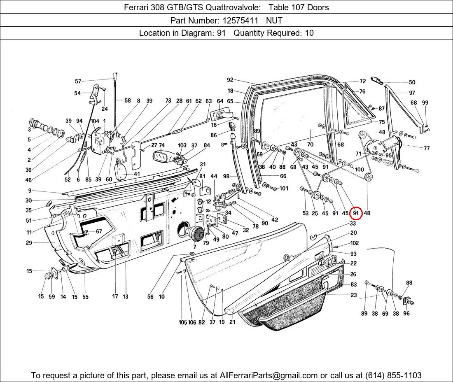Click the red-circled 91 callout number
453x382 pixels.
355,213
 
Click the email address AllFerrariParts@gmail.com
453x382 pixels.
269,375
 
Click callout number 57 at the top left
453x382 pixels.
78,81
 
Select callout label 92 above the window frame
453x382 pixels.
230,80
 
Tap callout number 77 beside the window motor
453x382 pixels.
426,148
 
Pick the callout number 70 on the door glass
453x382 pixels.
310,144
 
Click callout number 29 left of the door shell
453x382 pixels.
29,243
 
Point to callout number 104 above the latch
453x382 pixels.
95,121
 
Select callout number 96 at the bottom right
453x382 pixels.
406,313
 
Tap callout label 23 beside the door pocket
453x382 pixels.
354,295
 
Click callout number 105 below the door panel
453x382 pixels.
182,322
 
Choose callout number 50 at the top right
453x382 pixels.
412,82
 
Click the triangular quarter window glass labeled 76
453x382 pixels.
352,105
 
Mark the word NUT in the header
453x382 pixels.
274,20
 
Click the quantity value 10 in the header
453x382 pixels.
309,33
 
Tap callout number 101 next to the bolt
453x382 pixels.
284,189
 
